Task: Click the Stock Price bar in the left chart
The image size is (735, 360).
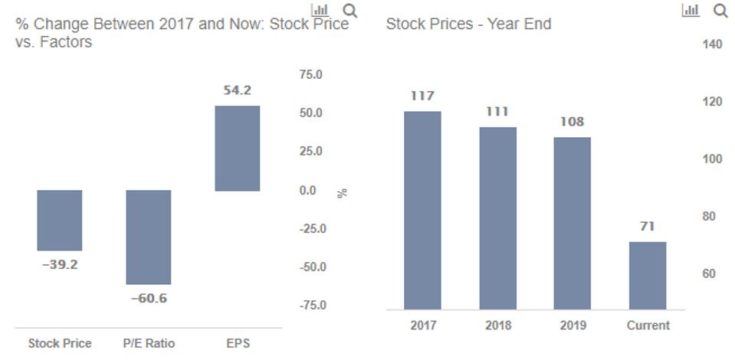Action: pos(60,221)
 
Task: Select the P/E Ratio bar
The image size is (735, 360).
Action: pos(149,237)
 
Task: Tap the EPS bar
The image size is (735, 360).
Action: pos(237,148)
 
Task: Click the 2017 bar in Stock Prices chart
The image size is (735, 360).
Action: pos(422,210)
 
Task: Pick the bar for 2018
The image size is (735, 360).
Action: pos(497,218)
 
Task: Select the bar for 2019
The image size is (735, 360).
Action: pos(572,223)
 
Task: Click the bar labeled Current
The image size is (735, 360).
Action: pos(648,275)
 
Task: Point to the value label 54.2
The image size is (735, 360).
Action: pos(237,90)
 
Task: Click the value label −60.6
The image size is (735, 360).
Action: pos(148,298)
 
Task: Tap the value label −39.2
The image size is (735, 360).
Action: pos(59,265)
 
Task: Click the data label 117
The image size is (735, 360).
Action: pos(422,96)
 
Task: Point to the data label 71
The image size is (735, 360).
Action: pos(648,226)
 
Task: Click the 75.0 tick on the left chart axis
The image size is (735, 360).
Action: pos(310,74)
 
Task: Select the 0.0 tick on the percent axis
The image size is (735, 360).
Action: pos(307,190)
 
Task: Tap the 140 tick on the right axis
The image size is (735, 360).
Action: pos(712,44)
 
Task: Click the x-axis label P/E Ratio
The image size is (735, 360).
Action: pos(149,343)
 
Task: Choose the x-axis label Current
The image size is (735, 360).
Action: pos(648,325)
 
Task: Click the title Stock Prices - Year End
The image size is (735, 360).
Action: pos(468,24)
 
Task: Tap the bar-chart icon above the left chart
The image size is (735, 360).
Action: pos(320,10)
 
